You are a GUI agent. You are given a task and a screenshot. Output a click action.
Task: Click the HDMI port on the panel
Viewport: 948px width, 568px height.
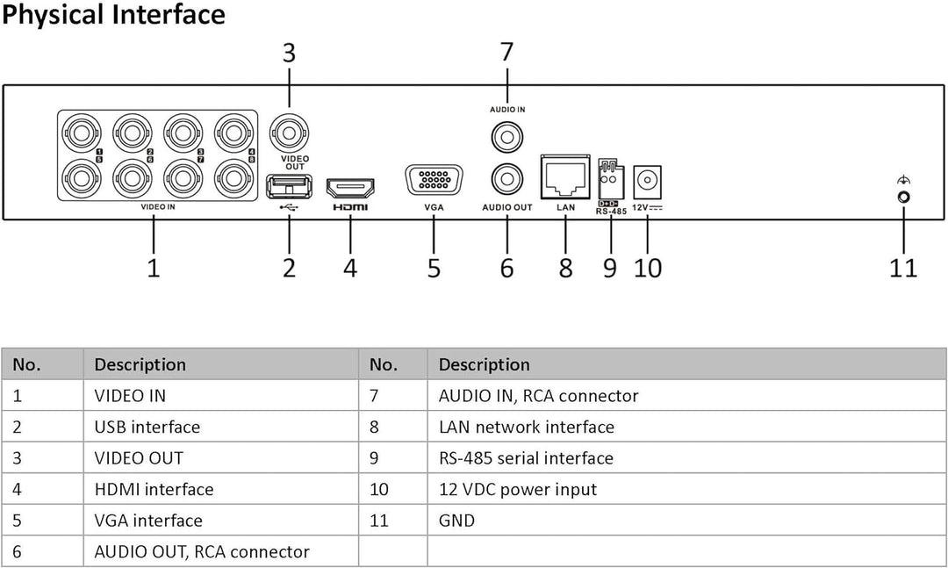[350, 187]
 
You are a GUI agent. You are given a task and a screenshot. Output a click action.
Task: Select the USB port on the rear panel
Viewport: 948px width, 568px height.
[289, 185]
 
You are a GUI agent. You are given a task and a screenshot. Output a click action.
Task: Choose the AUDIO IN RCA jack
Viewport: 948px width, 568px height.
[507, 137]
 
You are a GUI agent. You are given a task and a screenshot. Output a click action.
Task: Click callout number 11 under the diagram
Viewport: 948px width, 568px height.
[902, 267]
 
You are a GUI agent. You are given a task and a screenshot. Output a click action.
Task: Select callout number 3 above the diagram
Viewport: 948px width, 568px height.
[289, 53]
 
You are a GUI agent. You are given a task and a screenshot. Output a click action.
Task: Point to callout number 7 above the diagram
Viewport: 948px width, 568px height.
[506, 53]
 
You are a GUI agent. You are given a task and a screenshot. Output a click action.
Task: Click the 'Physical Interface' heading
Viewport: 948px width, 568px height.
[113, 15]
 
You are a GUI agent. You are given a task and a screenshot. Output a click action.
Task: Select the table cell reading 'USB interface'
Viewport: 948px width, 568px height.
[147, 427]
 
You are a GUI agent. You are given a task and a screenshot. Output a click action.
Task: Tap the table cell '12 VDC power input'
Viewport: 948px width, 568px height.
[517, 489]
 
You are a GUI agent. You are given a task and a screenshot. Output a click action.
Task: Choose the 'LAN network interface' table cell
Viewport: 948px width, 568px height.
[526, 427]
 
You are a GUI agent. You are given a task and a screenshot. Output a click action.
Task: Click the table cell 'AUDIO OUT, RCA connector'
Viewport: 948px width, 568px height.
[201, 551]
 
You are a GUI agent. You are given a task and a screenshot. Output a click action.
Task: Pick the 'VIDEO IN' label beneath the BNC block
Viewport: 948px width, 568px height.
[158, 208]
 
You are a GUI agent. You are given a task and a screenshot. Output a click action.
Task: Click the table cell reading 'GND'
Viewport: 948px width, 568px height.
[456, 521]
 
